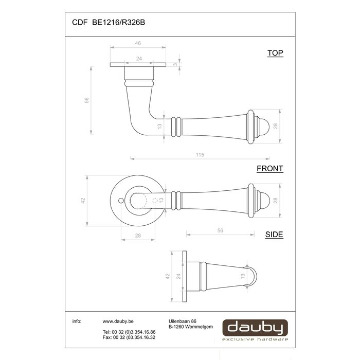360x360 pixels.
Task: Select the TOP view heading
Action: coord(275,53)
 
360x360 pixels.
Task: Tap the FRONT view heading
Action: coord(270,168)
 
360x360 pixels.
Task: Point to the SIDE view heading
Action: coord(274,235)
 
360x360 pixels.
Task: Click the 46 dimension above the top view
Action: coord(138,44)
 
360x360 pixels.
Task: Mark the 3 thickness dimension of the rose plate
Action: coord(175,65)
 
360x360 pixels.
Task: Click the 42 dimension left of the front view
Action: coord(83,202)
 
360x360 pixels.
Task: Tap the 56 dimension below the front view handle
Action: coord(220,231)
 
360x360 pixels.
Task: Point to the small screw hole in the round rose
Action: coord(120,202)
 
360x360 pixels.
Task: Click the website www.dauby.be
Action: coord(115,321)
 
